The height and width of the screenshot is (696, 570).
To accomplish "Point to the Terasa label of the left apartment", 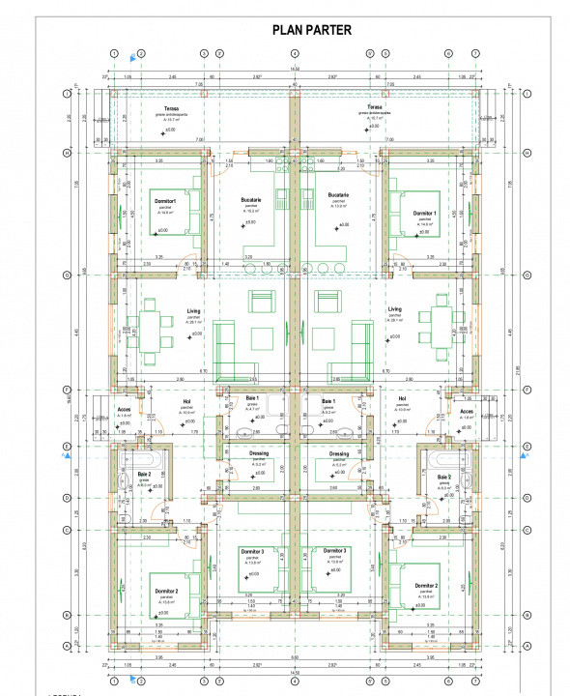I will click(171, 108).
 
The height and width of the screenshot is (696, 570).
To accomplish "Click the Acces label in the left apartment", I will click(124, 410).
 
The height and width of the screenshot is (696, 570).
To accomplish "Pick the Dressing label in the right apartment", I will click(339, 453).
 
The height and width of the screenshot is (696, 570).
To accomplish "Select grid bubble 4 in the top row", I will click(296, 53).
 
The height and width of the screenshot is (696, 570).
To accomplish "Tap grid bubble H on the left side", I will click(66, 153).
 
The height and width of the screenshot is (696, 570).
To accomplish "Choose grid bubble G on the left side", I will click(66, 275).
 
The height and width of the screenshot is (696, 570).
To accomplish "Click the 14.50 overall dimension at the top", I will click(296, 69).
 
